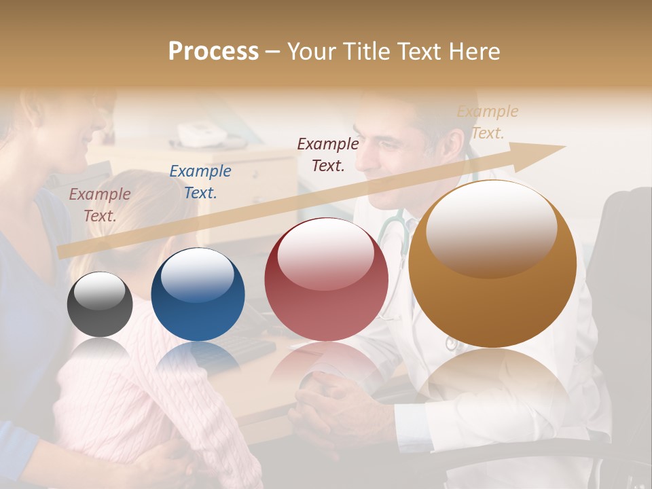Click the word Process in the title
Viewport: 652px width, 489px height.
click(x=213, y=52)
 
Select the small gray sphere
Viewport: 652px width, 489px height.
click(x=100, y=305)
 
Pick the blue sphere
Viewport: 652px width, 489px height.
click(x=198, y=295)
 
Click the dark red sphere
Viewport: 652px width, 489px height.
click(x=326, y=280)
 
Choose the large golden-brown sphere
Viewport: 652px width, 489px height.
click(x=492, y=265)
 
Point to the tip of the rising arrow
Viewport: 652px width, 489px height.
click(x=564, y=146)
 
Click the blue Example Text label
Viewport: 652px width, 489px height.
click(x=200, y=182)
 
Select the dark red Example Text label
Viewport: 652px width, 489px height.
click(x=328, y=154)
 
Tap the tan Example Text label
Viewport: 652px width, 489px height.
click(x=488, y=122)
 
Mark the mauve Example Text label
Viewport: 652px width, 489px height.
click(x=100, y=205)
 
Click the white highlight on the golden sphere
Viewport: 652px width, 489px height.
click(x=491, y=228)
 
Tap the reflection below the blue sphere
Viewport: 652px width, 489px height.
click(x=198, y=357)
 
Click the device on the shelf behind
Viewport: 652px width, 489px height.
click(x=201, y=135)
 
